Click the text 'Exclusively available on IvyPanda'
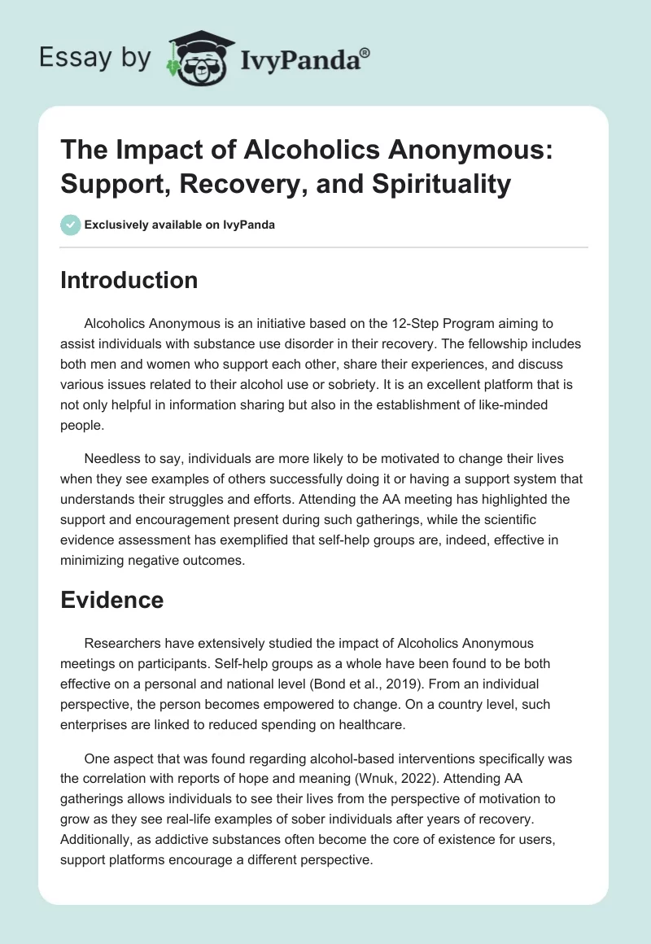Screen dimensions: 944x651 point(180,225)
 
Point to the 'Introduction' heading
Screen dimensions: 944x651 point(129,280)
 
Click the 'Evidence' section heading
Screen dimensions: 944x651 point(111,600)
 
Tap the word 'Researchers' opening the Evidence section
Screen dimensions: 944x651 point(123,642)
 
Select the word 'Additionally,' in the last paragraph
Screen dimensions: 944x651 point(99,838)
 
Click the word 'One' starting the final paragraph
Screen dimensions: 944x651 point(97,759)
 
